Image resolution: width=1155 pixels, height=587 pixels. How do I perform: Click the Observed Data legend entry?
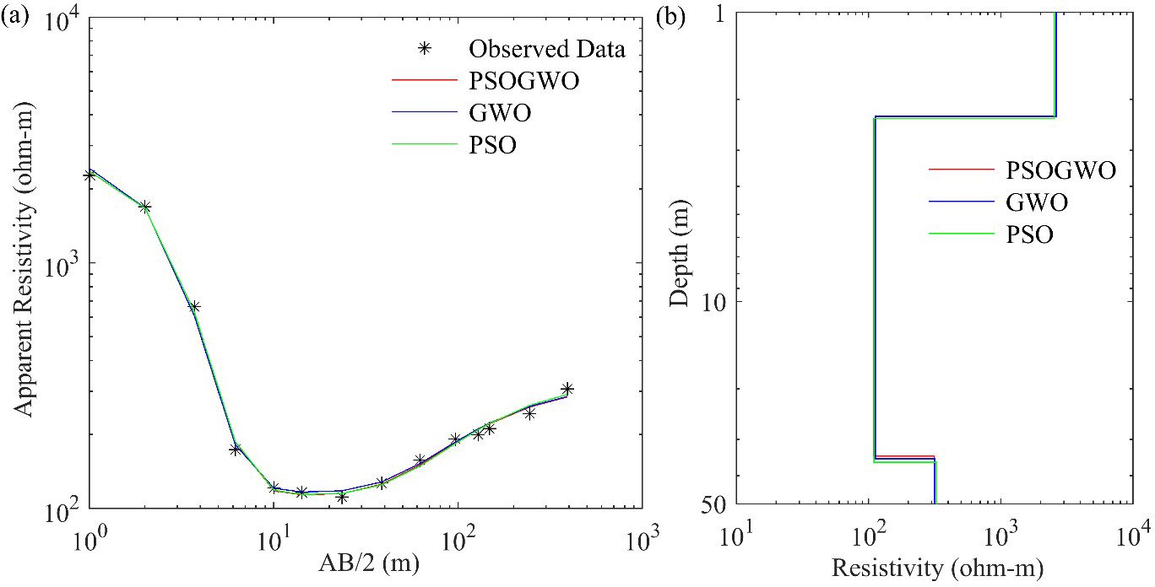point(547,50)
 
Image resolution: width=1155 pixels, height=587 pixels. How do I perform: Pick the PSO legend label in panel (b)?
point(1029,235)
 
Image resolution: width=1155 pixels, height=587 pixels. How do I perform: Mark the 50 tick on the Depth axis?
point(704,504)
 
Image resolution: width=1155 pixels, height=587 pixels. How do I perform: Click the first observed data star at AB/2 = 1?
point(89,175)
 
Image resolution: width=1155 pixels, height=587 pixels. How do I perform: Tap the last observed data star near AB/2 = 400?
point(567,389)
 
